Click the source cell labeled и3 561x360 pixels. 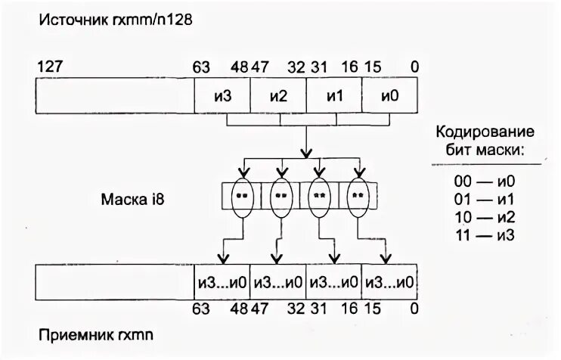(222, 97)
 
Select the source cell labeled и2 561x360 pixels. (278, 97)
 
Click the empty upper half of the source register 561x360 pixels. (114, 97)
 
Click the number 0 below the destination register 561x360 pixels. (414, 309)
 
